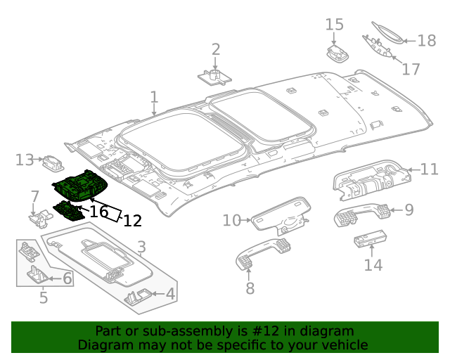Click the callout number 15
334,25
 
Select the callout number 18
426,40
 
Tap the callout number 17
411,69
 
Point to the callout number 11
429,169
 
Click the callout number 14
373,264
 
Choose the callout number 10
232,220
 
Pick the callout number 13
24,160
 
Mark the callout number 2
216,49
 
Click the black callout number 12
132,221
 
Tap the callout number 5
43,297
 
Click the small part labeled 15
339,54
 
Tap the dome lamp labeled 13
53,163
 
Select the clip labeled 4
139,297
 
